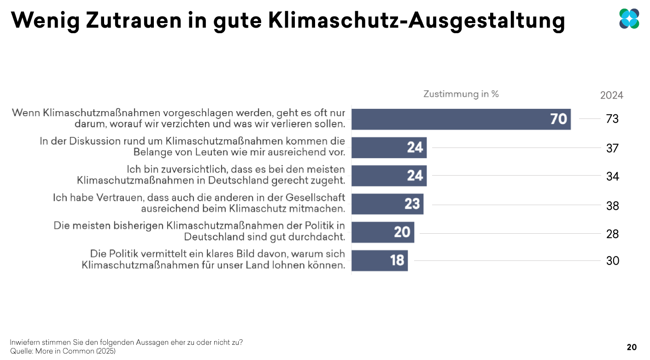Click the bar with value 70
pyautogui.click(x=461, y=119)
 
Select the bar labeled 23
pyautogui.click(x=387, y=204)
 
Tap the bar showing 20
pyautogui.click(x=383, y=232)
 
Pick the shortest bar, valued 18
pyautogui.click(x=380, y=260)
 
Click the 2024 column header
pyautogui.click(x=611, y=95)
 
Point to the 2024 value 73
pyautogui.click(x=612, y=119)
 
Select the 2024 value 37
pyautogui.click(x=612, y=148)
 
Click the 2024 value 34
pyautogui.click(x=612, y=176)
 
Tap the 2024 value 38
pyautogui.click(x=612, y=205)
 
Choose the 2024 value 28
pyautogui.click(x=612, y=234)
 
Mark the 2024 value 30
pyautogui.click(x=612, y=261)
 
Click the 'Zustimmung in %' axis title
pyautogui.click(x=461, y=94)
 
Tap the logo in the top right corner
pyautogui.click(x=629, y=18)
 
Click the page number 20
pyautogui.click(x=632, y=347)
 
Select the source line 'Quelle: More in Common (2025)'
pyautogui.click(x=63, y=351)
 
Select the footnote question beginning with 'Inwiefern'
pyautogui.click(x=126, y=342)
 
